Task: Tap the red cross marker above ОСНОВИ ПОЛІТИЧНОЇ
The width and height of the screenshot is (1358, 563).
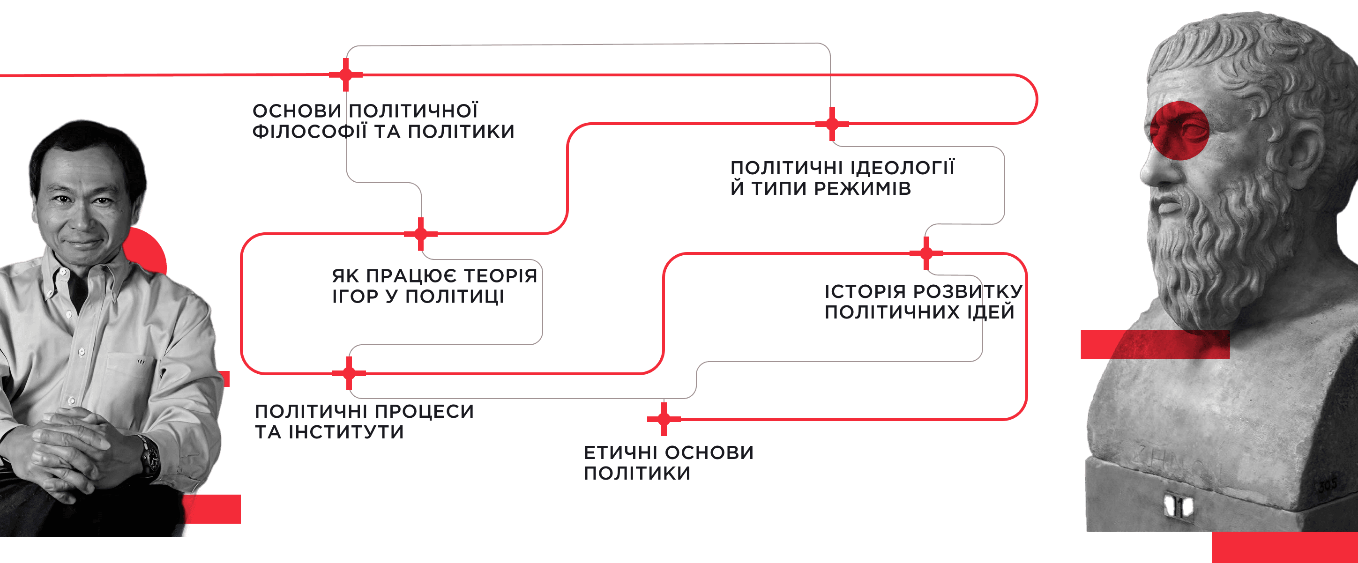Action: click(346, 75)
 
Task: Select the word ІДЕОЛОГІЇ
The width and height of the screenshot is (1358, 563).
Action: click(902, 168)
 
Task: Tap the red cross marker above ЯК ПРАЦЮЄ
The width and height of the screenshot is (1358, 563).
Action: click(421, 234)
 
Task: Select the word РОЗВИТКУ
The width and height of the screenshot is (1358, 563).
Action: click(967, 291)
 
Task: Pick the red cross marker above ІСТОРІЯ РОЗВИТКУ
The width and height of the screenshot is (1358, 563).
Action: click(926, 253)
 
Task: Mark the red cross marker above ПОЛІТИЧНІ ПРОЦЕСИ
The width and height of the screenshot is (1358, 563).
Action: click(349, 373)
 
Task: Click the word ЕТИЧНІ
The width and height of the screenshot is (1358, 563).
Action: click(620, 453)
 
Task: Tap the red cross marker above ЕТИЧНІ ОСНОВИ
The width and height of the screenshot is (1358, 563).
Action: click(664, 419)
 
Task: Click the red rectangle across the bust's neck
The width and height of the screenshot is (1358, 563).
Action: click(1155, 344)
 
